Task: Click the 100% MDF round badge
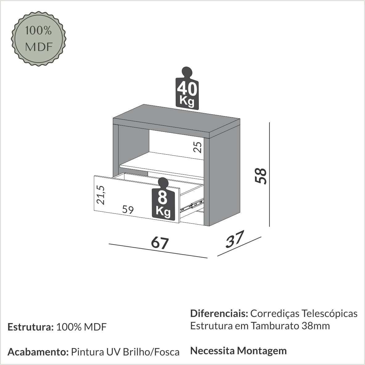coord(39,39)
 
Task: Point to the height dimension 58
coord(260,176)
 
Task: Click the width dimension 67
coord(160,242)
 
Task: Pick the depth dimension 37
coord(235,239)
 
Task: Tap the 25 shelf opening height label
coord(198,147)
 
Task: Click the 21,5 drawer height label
coord(100,195)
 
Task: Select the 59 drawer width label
coord(128,210)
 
